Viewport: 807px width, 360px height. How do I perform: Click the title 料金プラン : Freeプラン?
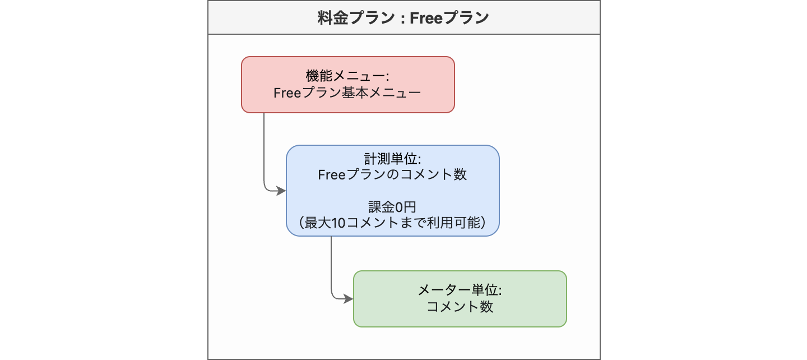(403, 17)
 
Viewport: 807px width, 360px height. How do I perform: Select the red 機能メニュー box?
(348, 85)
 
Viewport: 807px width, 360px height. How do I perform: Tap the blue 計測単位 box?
(393, 191)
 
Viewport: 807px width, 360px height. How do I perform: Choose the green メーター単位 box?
(460, 299)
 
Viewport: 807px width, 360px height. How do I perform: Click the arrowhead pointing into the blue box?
(281, 191)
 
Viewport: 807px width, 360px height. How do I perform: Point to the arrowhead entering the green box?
(349, 299)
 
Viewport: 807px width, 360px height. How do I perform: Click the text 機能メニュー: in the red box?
(347, 76)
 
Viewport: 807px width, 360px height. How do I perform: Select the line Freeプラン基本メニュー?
(347, 93)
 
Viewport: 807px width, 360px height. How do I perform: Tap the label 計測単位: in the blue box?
(393, 159)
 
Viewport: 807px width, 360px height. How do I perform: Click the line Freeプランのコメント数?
(392, 175)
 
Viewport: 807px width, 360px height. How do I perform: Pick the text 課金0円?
(392, 207)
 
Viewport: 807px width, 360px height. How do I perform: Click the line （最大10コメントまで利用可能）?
(392, 223)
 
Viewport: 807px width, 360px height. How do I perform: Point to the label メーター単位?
(460, 290)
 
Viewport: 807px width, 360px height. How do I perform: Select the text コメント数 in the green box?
(460, 307)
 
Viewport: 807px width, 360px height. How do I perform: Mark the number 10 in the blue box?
(338, 223)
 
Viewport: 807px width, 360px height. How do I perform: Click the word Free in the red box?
(287, 93)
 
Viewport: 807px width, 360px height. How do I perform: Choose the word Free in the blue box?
(331, 175)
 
